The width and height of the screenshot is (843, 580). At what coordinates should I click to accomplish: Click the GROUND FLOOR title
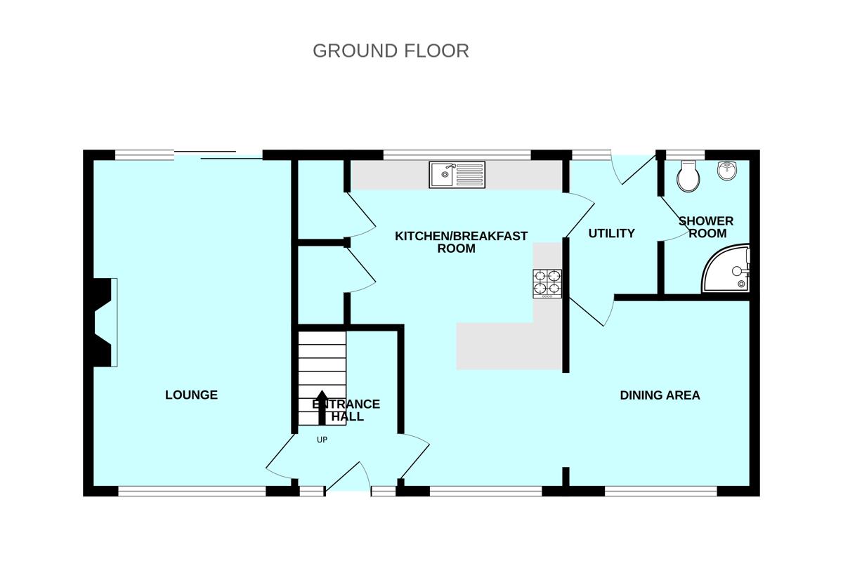(391, 51)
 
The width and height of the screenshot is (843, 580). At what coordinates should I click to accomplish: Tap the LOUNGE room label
(191, 395)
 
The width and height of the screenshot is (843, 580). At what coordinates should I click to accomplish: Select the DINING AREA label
(660, 395)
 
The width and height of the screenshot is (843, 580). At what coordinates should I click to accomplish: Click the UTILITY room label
(611, 233)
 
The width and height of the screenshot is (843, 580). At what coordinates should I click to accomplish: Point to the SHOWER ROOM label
(706, 227)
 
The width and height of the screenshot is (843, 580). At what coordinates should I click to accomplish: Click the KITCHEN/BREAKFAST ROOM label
(460, 242)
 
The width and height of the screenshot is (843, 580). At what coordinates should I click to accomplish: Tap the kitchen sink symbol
(457, 174)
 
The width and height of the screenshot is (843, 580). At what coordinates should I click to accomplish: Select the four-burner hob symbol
(547, 283)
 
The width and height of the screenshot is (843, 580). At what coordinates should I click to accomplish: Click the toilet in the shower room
(688, 176)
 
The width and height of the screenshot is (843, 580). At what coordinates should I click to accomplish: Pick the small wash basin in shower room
(726, 169)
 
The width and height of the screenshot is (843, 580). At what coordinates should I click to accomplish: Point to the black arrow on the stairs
(322, 407)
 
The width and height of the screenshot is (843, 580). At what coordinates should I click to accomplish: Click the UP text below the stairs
(322, 440)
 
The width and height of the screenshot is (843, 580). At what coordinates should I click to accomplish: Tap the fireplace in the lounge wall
(102, 322)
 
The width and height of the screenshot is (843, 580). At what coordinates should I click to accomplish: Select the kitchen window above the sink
(457, 154)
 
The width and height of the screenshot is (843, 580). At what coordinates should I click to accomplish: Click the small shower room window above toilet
(684, 154)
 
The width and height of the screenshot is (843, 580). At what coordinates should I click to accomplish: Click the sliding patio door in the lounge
(218, 154)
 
